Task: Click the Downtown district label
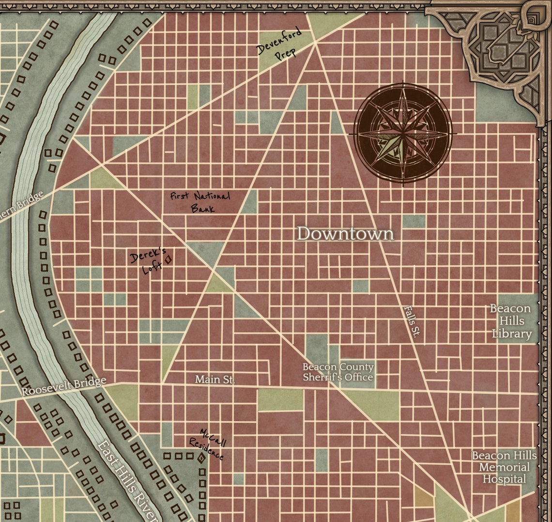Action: (345, 234)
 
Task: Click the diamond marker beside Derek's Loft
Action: (169, 260)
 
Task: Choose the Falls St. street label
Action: (413, 320)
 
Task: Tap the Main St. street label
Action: (215, 380)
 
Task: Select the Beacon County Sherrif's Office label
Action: (338, 372)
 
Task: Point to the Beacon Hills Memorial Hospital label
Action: (504, 467)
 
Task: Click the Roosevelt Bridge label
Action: (64, 386)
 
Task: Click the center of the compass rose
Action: (403, 133)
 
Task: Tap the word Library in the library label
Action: (512, 333)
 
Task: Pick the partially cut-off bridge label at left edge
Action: (21, 204)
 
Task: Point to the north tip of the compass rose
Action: (403, 81)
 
